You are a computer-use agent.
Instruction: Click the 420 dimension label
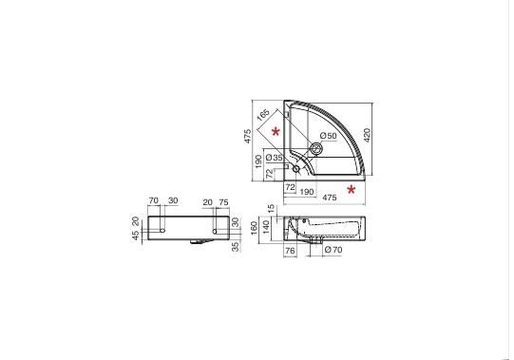tap(367, 135)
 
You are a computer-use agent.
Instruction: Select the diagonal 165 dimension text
tap(263, 114)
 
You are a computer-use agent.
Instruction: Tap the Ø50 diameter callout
tap(328, 136)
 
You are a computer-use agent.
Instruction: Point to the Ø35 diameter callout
tap(274, 158)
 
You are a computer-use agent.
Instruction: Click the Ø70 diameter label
tap(333, 250)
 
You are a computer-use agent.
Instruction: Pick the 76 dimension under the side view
tap(290, 251)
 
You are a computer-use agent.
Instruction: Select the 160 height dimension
tap(255, 228)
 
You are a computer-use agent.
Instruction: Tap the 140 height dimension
tap(266, 227)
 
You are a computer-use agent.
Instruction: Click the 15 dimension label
tap(271, 209)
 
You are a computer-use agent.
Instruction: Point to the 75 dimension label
tap(223, 202)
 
